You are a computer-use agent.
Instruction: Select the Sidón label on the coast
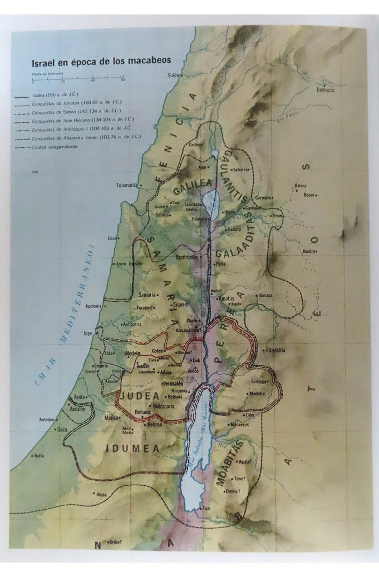tap(174, 74)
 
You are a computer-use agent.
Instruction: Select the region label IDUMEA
tap(132, 449)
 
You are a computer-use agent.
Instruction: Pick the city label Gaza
tap(61, 429)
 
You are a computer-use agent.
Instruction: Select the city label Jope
tap(87, 334)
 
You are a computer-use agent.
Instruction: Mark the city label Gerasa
tap(265, 295)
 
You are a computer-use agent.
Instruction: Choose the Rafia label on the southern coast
tap(38, 456)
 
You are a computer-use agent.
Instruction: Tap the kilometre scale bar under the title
tap(78, 79)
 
